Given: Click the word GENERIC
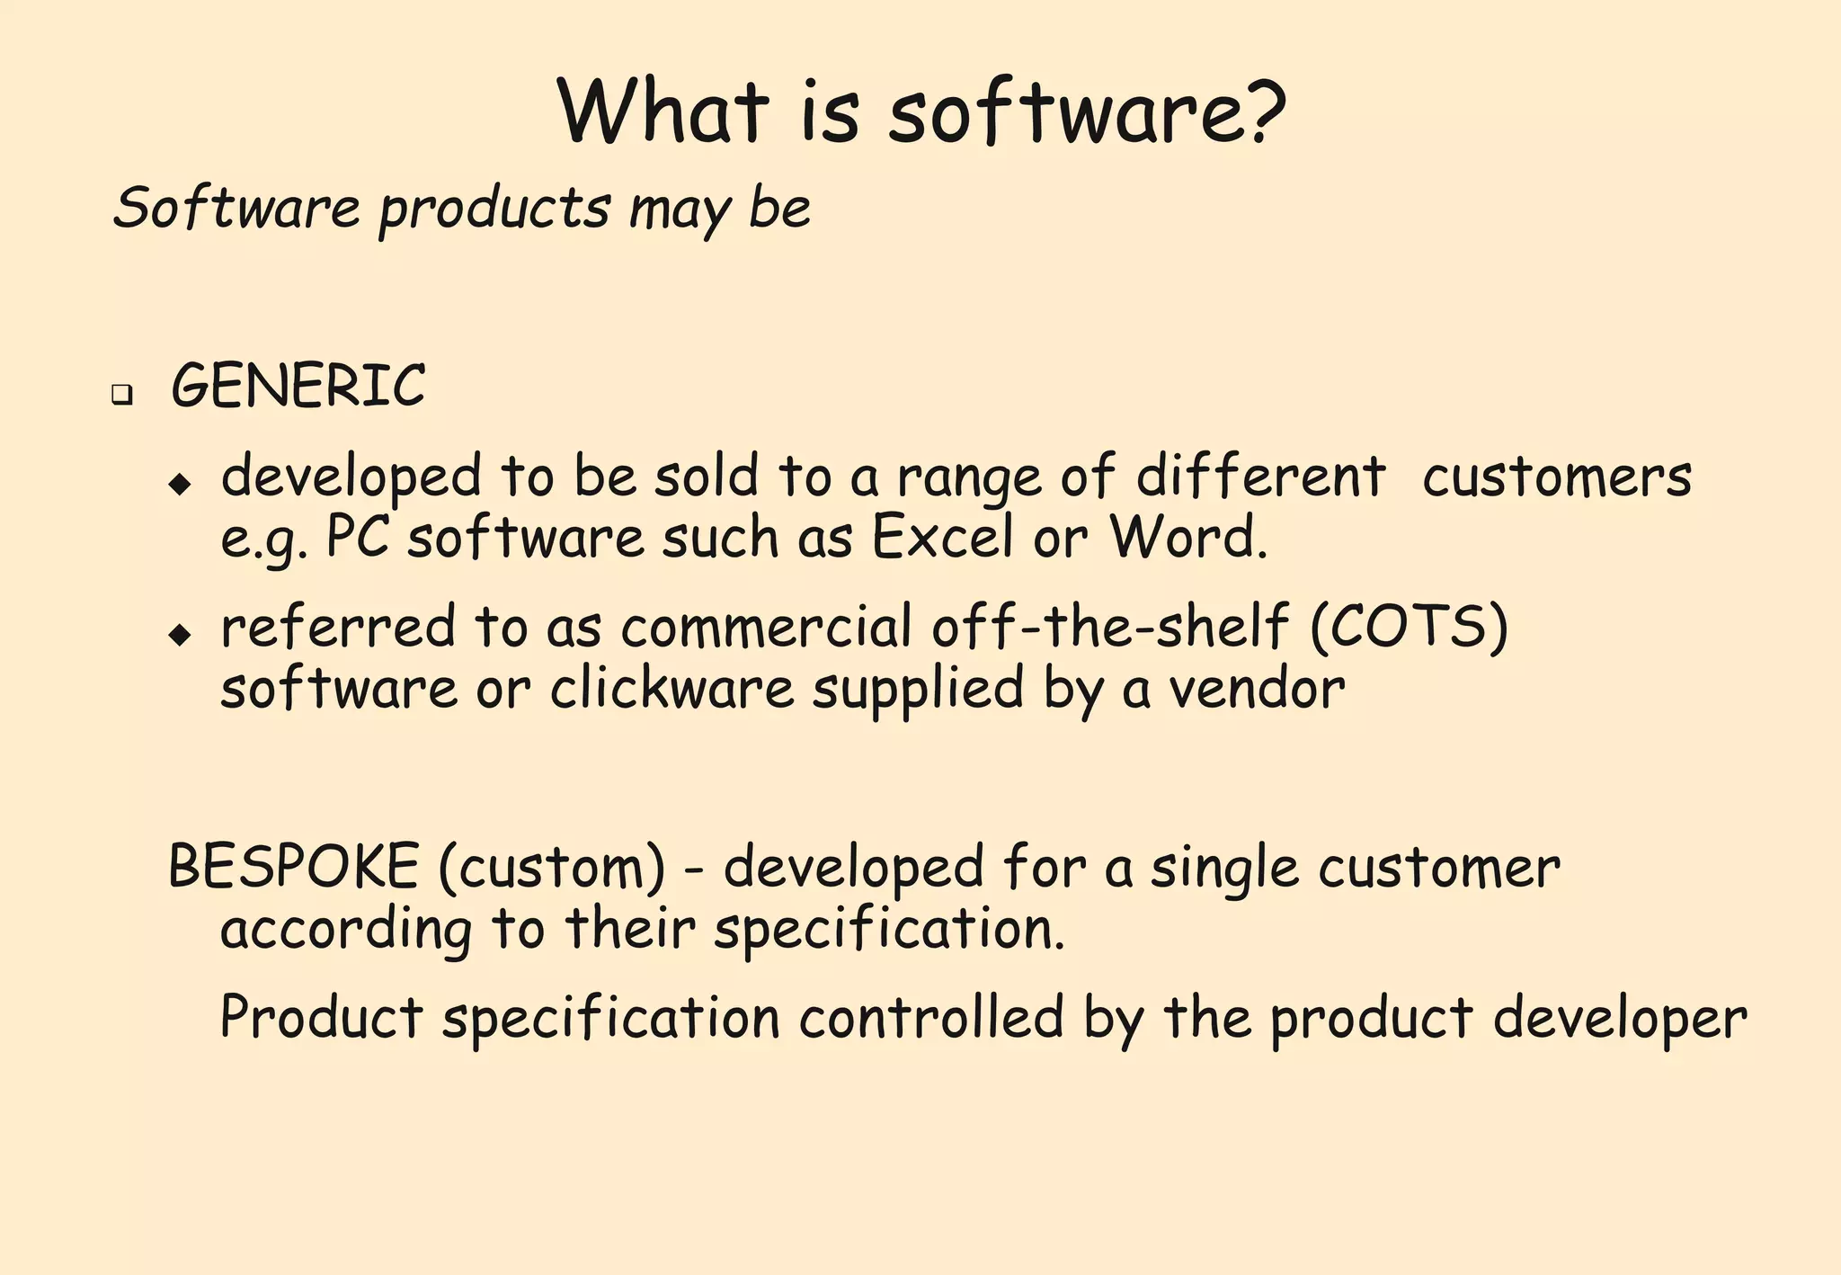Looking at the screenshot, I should pos(298,387).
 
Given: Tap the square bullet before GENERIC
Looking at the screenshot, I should pos(121,394).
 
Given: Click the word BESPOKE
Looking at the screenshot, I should pos(293,867).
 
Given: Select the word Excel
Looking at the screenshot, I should pos(942,538).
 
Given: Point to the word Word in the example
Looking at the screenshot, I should pos(1186,538).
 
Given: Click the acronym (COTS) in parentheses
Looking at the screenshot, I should pos(1409,627).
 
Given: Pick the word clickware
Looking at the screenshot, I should pos(672,689).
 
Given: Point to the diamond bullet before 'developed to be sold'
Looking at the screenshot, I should pos(180,485).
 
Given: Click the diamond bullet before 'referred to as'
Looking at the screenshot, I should pos(180,635).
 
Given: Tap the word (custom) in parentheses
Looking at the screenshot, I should pos(553,868).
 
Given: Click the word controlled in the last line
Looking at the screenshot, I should pos(931,1018).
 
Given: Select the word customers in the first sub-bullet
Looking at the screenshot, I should pos(1556,477).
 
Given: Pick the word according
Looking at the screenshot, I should pos(346,930).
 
